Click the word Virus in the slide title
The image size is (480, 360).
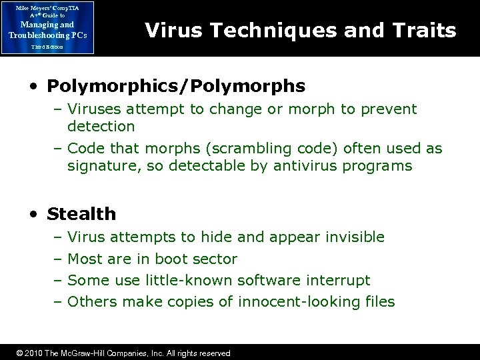pos(169,30)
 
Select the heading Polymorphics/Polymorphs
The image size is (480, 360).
pos(176,86)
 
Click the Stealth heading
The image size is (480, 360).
pos(81,214)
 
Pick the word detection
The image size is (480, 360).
pos(101,126)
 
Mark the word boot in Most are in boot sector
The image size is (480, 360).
pos(170,259)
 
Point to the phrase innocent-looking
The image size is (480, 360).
pos(291,302)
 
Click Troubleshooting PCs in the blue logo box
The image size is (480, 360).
pos(47,35)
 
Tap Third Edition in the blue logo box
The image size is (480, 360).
pos(47,47)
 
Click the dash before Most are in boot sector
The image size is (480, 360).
pos(58,259)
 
